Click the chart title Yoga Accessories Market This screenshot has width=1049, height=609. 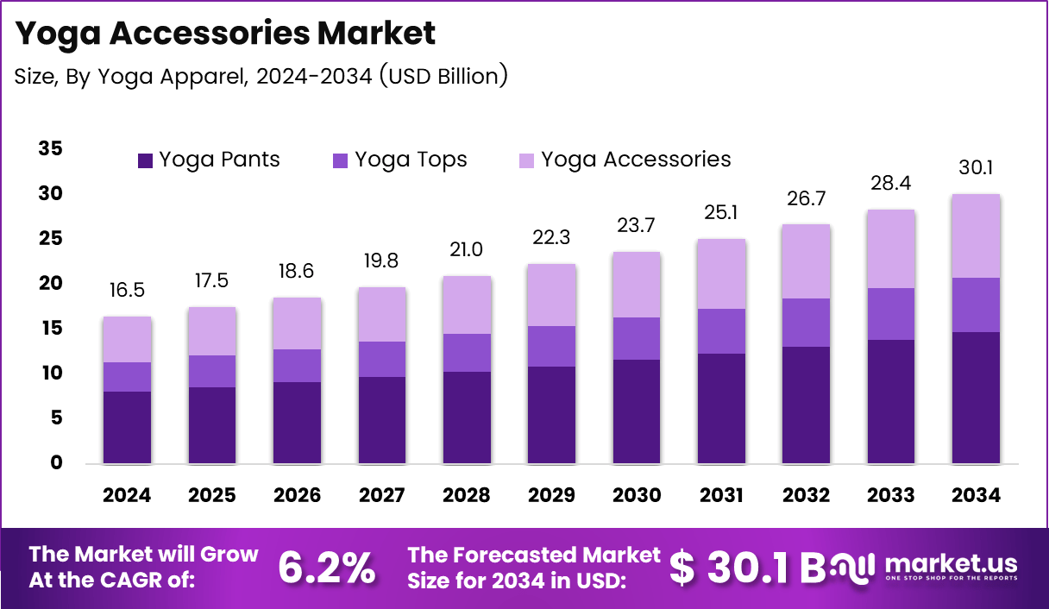pos(225,33)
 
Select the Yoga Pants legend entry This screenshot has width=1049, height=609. pos(209,160)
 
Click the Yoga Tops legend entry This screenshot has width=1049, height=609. pos(399,160)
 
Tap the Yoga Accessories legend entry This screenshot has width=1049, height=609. pos(625,160)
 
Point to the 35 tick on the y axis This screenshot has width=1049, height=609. pos(50,148)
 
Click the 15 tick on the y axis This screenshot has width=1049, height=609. pos(50,328)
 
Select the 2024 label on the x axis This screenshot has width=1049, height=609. pos(126,495)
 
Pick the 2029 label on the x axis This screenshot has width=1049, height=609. pos(551,495)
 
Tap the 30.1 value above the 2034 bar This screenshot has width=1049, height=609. pos(976,167)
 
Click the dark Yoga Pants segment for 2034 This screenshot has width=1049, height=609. pos(976,398)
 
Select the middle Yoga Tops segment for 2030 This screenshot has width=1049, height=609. pos(637,338)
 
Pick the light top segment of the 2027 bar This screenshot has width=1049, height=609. pos(381,314)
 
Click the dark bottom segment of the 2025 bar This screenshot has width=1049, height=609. pos(211,425)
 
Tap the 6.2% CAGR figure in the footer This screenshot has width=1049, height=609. pos(326,567)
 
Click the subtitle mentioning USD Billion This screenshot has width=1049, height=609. pos(261,76)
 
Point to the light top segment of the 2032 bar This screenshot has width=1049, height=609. pos(806,261)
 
